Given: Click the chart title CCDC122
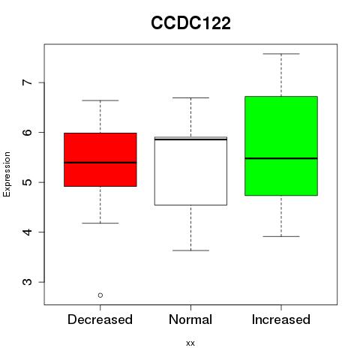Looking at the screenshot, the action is [190, 23].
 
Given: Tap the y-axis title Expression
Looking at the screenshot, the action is [7, 174].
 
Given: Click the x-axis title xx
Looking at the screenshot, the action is [190, 343].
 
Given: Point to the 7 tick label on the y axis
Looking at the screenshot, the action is [27, 82].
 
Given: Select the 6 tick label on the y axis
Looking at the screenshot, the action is [27, 132].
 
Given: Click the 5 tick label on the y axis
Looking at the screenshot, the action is [27, 182].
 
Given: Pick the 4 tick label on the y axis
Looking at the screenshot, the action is [27, 232].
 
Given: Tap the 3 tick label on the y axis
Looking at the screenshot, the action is [27, 282].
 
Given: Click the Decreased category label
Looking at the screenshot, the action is [100, 319].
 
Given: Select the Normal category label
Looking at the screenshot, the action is [190, 319].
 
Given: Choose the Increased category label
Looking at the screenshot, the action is [281, 319].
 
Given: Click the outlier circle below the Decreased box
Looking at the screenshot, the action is [100, 295].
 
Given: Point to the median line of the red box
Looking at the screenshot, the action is [100, 163].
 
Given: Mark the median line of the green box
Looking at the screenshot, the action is [281, 158].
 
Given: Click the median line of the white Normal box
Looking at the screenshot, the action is [190, 139].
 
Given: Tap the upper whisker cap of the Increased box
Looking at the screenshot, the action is [281, 54].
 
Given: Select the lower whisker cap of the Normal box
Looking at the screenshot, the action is [190, 250].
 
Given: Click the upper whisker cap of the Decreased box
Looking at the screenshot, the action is [100, 100].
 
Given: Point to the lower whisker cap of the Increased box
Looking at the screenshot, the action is [281, 236].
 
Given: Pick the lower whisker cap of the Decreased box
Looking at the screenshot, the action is [100, 223].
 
